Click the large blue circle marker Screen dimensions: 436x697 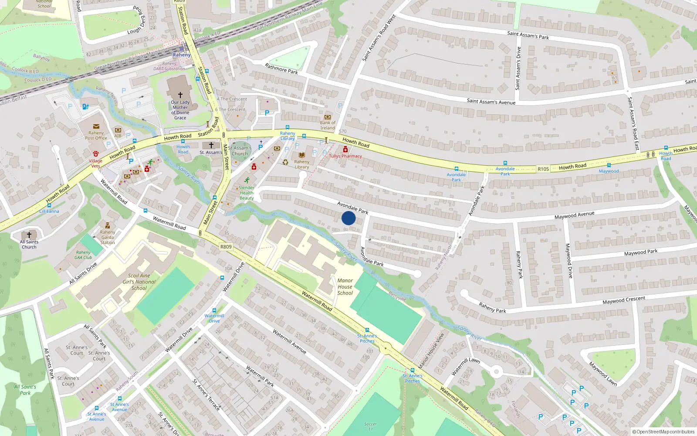tap(348, 218)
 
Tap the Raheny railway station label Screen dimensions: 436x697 tap(182, 55)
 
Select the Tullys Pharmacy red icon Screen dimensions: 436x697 tap(345, 150)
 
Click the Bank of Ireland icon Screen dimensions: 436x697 tap(328, 117)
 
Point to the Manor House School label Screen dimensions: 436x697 tap(345, 287)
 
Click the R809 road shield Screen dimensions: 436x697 tap(226, 247)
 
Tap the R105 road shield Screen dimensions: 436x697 tap(543, 169)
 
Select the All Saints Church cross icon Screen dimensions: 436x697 tap(29, 235)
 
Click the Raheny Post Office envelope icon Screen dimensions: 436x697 tap(96, 126)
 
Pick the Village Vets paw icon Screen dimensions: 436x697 tap(96, 154)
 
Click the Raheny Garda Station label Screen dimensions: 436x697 tap(108, 237)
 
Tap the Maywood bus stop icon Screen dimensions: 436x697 tap(609, 165)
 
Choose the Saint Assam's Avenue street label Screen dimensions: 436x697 tap(491, 102)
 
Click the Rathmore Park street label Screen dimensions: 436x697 tap(281, 68)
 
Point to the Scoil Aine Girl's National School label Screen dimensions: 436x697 tap(139, 282)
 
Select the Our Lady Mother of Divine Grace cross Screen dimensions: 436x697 tap(180, 95)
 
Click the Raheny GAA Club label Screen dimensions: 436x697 tap(83, 255)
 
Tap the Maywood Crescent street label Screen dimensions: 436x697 tap(624, 300)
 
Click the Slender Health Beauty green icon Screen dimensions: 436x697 tap(247, 180)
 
